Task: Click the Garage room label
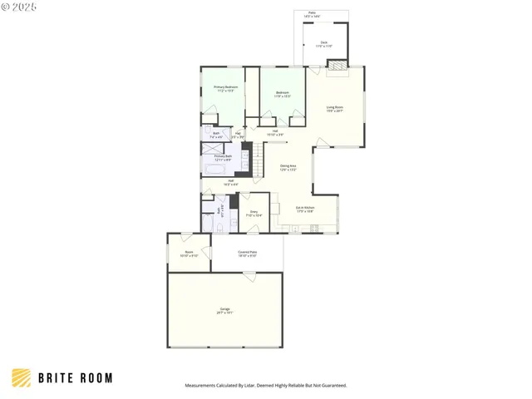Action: pos(224,310)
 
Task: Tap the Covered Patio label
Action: pos(247,254)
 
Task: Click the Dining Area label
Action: pos(288,168)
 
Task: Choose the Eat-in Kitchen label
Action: pos(305,209)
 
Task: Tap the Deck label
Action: pos(324,44)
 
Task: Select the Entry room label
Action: pos(254,214)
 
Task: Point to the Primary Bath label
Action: pos(222,158)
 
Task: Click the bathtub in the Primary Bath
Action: pos(218,170)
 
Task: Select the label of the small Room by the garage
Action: pos(189,254)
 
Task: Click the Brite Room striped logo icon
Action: pos(22,377)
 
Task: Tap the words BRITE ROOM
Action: pos(75,378)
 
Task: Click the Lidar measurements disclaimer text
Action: pos(265,386)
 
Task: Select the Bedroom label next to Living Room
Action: pos(283,95)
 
